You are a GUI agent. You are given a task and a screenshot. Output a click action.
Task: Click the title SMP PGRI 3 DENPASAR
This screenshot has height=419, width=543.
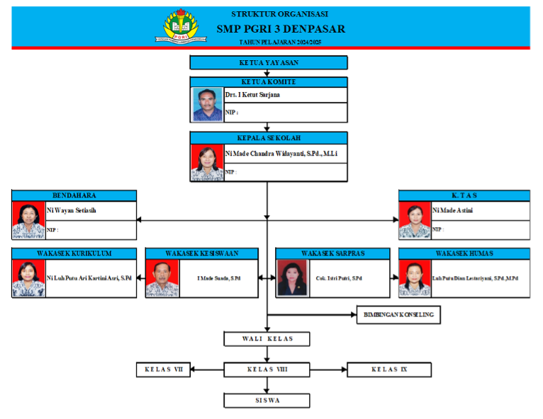[281, 29]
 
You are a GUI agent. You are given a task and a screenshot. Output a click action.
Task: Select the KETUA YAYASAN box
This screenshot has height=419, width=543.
[268, 62]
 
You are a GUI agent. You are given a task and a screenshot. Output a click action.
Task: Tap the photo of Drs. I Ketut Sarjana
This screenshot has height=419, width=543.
[207, 104]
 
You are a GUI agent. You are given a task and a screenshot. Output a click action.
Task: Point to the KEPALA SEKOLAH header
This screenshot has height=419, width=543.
[268, 137]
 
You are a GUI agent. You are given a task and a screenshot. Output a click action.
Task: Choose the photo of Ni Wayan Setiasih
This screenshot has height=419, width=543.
[28, 220]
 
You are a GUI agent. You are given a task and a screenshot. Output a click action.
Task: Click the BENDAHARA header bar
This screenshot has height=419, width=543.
[74, 195]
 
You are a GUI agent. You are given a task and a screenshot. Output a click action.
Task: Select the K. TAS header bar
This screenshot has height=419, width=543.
[464, 195]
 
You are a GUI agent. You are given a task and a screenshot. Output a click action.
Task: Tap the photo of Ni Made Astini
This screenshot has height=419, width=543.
[415, 220]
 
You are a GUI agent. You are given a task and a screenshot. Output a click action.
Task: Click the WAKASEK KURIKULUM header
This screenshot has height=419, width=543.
[74, 253]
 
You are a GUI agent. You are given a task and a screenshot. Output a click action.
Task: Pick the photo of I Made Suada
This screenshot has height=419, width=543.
[162, 278]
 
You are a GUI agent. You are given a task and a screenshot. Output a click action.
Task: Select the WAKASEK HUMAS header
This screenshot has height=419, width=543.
[464, 253]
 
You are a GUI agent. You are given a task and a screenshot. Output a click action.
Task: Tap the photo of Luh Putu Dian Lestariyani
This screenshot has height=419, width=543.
[415, 278]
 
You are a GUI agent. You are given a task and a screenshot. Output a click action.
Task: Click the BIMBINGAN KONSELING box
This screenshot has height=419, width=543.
[398, 314]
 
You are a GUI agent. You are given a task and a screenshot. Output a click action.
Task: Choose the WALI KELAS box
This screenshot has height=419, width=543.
[267, 339]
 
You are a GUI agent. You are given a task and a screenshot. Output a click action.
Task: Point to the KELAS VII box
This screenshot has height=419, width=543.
[164, 369]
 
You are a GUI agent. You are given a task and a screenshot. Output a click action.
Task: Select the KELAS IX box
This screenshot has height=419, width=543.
[389, 369]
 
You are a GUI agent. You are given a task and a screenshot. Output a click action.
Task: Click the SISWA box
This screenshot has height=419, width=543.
[267, 401]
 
